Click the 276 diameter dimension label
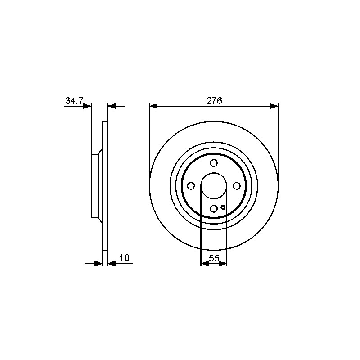[214, 101]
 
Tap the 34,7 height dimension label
[75, 101]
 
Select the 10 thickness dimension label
[125, 258]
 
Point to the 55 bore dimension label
[214, 258]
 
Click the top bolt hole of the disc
[214, 163]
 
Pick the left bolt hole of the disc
[191, 186]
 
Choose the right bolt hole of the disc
[237, 186]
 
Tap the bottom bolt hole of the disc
[214, 208]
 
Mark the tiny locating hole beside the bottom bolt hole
[223, 207]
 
